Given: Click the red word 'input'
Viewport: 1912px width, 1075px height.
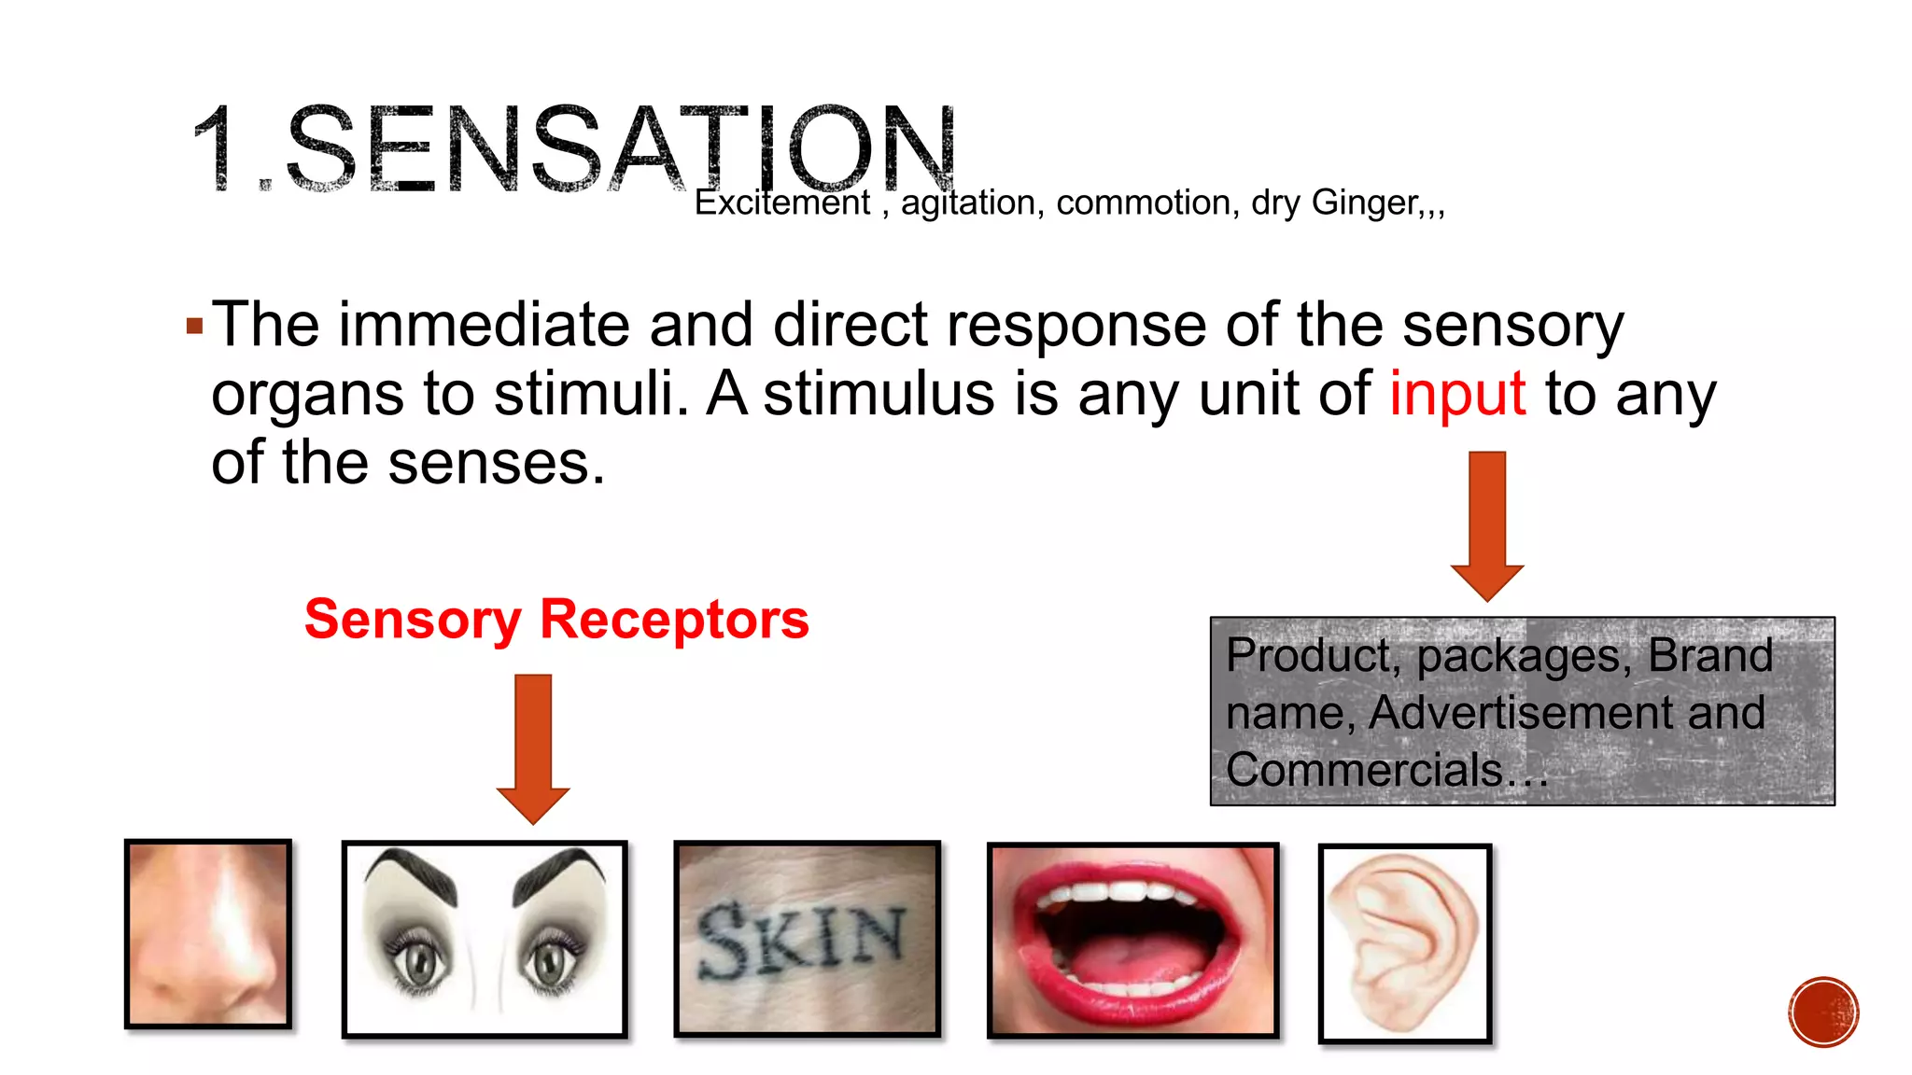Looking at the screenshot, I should tap(1457, 395).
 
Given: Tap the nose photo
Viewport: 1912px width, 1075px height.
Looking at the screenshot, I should tap(208, 934).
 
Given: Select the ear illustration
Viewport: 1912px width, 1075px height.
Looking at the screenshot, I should tap(1404, 943).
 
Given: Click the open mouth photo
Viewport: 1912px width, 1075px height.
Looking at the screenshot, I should tap(1132, 941).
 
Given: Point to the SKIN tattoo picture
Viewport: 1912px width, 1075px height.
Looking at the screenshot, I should tap(807, 939).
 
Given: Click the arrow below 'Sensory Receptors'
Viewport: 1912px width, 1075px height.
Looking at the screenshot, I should tap(533, 747).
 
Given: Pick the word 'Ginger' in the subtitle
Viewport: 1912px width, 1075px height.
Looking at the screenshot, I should tap(1365, 202).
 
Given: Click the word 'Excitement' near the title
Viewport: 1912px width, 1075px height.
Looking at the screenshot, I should tap(781, 202).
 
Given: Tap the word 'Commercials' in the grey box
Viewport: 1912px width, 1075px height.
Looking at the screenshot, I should tap(1364, 771).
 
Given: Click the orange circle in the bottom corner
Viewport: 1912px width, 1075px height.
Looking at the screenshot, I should tap(1823, 1012).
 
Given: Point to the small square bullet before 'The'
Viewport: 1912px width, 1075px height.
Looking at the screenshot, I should tap(194, 327).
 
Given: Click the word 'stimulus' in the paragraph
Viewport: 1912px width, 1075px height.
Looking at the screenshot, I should tap(879, 395).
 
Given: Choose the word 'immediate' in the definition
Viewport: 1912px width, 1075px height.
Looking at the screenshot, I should tap(484, 326).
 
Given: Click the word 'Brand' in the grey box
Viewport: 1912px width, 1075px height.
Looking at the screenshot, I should tap(1709, 655).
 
